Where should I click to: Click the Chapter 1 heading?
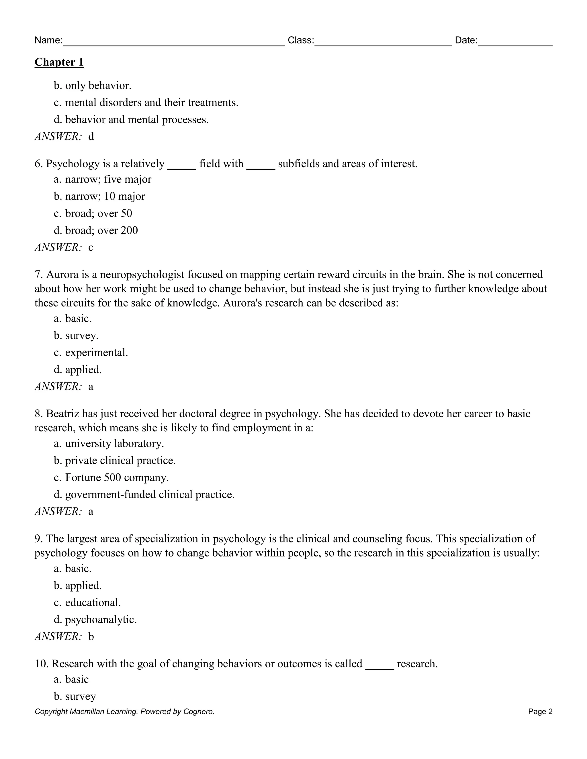(59, 62)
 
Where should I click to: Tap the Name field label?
(48, 40)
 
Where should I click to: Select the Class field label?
(300, 40)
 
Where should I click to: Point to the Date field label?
(466, 40)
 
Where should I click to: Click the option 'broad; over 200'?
(101, 230)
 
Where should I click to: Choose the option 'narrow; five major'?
(108, 179)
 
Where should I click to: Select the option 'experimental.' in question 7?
(96, 352)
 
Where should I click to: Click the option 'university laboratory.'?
(114, 443)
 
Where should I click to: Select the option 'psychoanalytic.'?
(101, 619)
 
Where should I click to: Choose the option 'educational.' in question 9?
(93, 602)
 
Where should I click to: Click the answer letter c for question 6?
(91, 247)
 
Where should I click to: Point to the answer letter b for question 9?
(91, 636)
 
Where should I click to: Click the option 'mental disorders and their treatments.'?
(152, 103)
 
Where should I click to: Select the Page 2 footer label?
(540, 712)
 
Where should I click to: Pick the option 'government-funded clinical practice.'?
(150, 495)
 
